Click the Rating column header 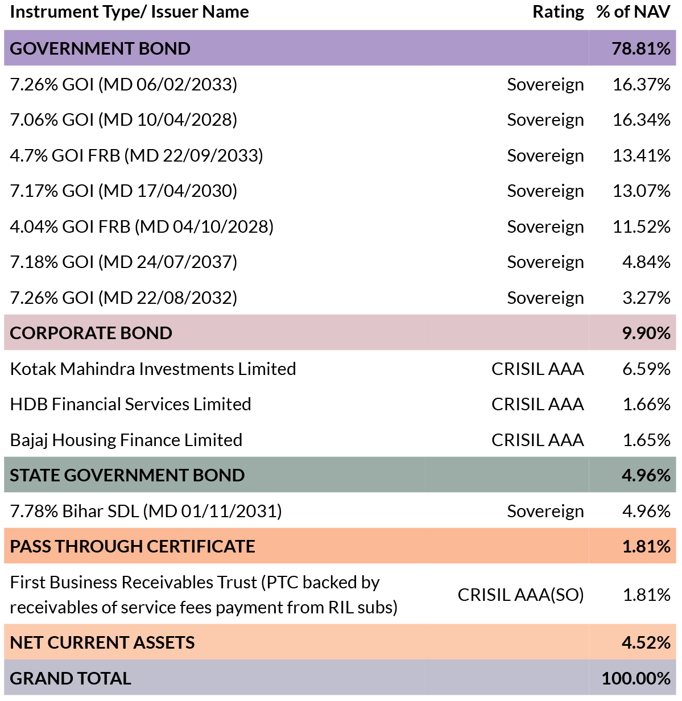[558, 13]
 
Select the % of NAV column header [633, 12]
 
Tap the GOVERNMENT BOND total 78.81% [641, 48]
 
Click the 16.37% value [641, 85]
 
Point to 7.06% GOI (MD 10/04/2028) [123, 120]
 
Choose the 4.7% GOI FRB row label [137, 155]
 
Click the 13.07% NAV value [641, 191]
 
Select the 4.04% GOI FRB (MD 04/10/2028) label [142, 227]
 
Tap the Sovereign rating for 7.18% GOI [545, 262]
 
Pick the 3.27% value [646, 298]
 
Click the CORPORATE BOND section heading [91, 333]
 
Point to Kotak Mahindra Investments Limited [153, 369]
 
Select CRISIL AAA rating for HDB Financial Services [538, 404]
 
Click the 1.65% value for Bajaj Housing [646, 440]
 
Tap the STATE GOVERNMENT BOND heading [127, 475]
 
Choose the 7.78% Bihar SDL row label [146, 511]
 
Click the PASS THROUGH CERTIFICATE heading [133, 546]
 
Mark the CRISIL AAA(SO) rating [520, 595]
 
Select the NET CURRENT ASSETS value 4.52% [646, 642]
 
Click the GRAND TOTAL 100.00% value [636, 678]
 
